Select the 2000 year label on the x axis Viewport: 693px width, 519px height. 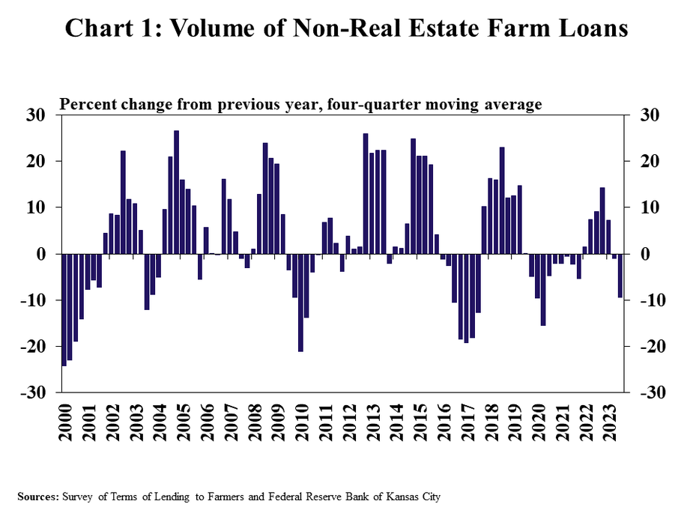point(65,422)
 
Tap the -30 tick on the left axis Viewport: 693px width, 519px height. point(36,393)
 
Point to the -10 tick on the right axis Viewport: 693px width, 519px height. point(646,301)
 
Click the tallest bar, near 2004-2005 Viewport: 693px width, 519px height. point(176,192)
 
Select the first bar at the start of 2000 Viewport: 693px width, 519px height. point(64,310)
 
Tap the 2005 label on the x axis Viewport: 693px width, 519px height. point(183,422)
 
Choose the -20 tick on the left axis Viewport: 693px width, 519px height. point(36,347)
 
